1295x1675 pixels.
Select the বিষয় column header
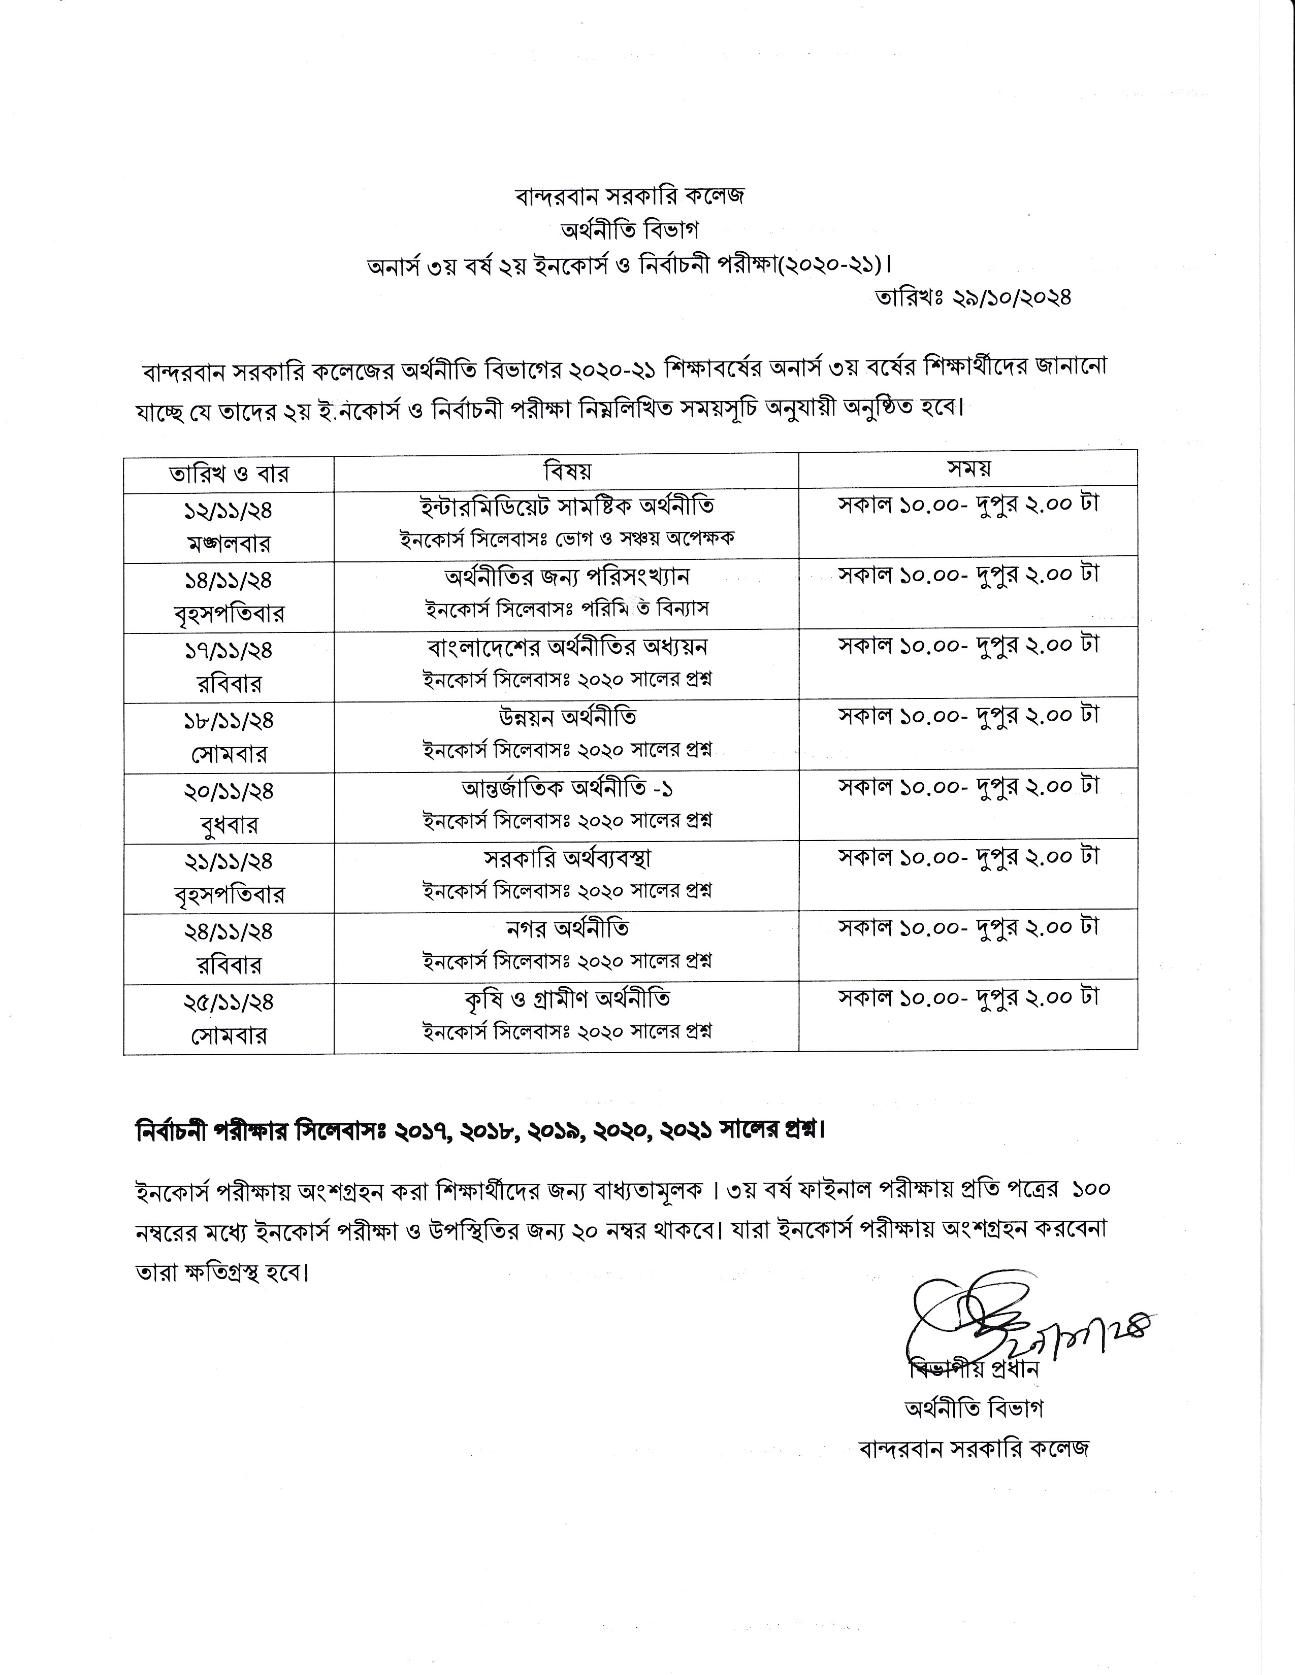click(x=567, y=470)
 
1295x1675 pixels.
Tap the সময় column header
click(x=968, y=468)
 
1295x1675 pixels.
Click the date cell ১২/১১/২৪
click(x=229, y=509)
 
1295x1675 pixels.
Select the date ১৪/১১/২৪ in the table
click(x=229, y=580)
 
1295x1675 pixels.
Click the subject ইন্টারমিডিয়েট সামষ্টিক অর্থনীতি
click(x=567, y=506)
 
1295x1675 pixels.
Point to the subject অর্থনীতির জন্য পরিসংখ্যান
click(x=567, y=576)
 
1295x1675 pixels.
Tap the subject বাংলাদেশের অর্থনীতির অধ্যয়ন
click(x=567, y=647)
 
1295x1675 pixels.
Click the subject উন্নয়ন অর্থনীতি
click(x=567, y=717)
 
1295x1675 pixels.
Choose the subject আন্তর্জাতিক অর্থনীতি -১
click(x=567, y=788)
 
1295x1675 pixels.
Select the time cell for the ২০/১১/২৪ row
click(x=968, y=786)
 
